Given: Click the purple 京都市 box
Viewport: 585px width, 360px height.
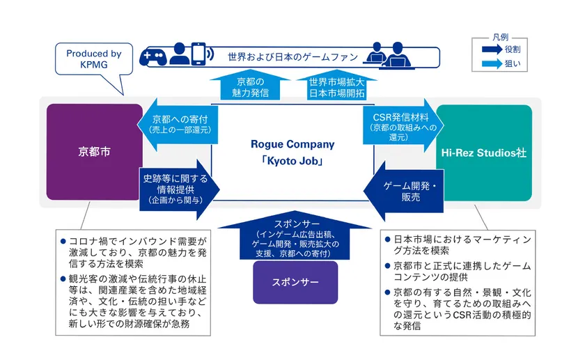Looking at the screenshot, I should point(94,152).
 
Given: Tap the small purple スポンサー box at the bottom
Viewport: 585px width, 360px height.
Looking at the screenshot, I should point(295,283).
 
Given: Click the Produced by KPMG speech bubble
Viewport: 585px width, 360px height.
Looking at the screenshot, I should point(93,58).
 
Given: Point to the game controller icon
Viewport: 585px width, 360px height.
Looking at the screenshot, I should point(153,56).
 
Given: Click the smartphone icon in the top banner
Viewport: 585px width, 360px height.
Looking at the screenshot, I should point(199,55).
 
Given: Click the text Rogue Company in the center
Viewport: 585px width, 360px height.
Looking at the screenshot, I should point(292,145).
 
